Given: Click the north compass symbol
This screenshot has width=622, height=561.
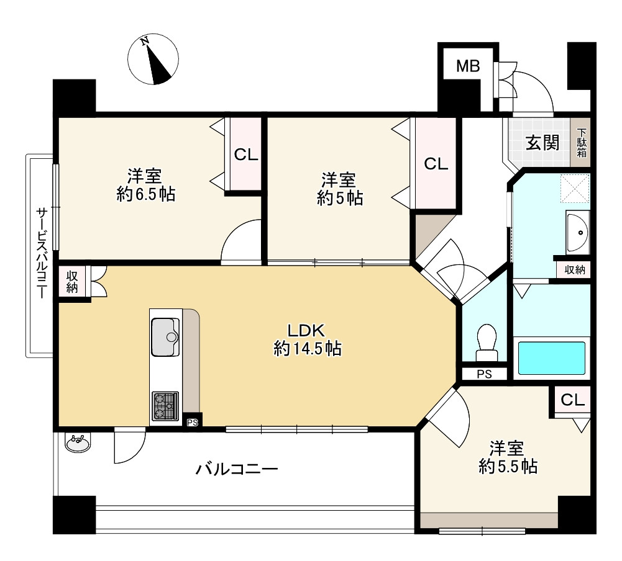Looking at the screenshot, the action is click(153, 59).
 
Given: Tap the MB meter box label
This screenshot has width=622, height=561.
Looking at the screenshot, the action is click(468, 66).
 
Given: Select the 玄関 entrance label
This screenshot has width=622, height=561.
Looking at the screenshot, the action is click(542, 143).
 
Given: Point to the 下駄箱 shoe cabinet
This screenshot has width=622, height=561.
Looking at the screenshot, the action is click(581, 142).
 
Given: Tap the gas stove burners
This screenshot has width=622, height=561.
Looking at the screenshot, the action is click(165, 406).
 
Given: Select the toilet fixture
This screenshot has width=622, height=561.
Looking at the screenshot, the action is click(487, 343).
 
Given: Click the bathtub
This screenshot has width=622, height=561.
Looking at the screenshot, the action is click(552, 357).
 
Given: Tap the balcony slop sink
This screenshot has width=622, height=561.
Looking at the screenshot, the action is click(77, 442).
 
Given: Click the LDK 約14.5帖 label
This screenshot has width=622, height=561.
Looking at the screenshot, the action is click(307, 339).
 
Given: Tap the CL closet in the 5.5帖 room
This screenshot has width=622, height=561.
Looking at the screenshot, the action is click(572, 400).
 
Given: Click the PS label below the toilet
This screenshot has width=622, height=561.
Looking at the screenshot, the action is click(484, 374).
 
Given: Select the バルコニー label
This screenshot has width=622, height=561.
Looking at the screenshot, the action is click(237, 470).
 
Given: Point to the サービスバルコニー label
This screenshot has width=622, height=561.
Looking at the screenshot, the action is click(42, 253).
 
